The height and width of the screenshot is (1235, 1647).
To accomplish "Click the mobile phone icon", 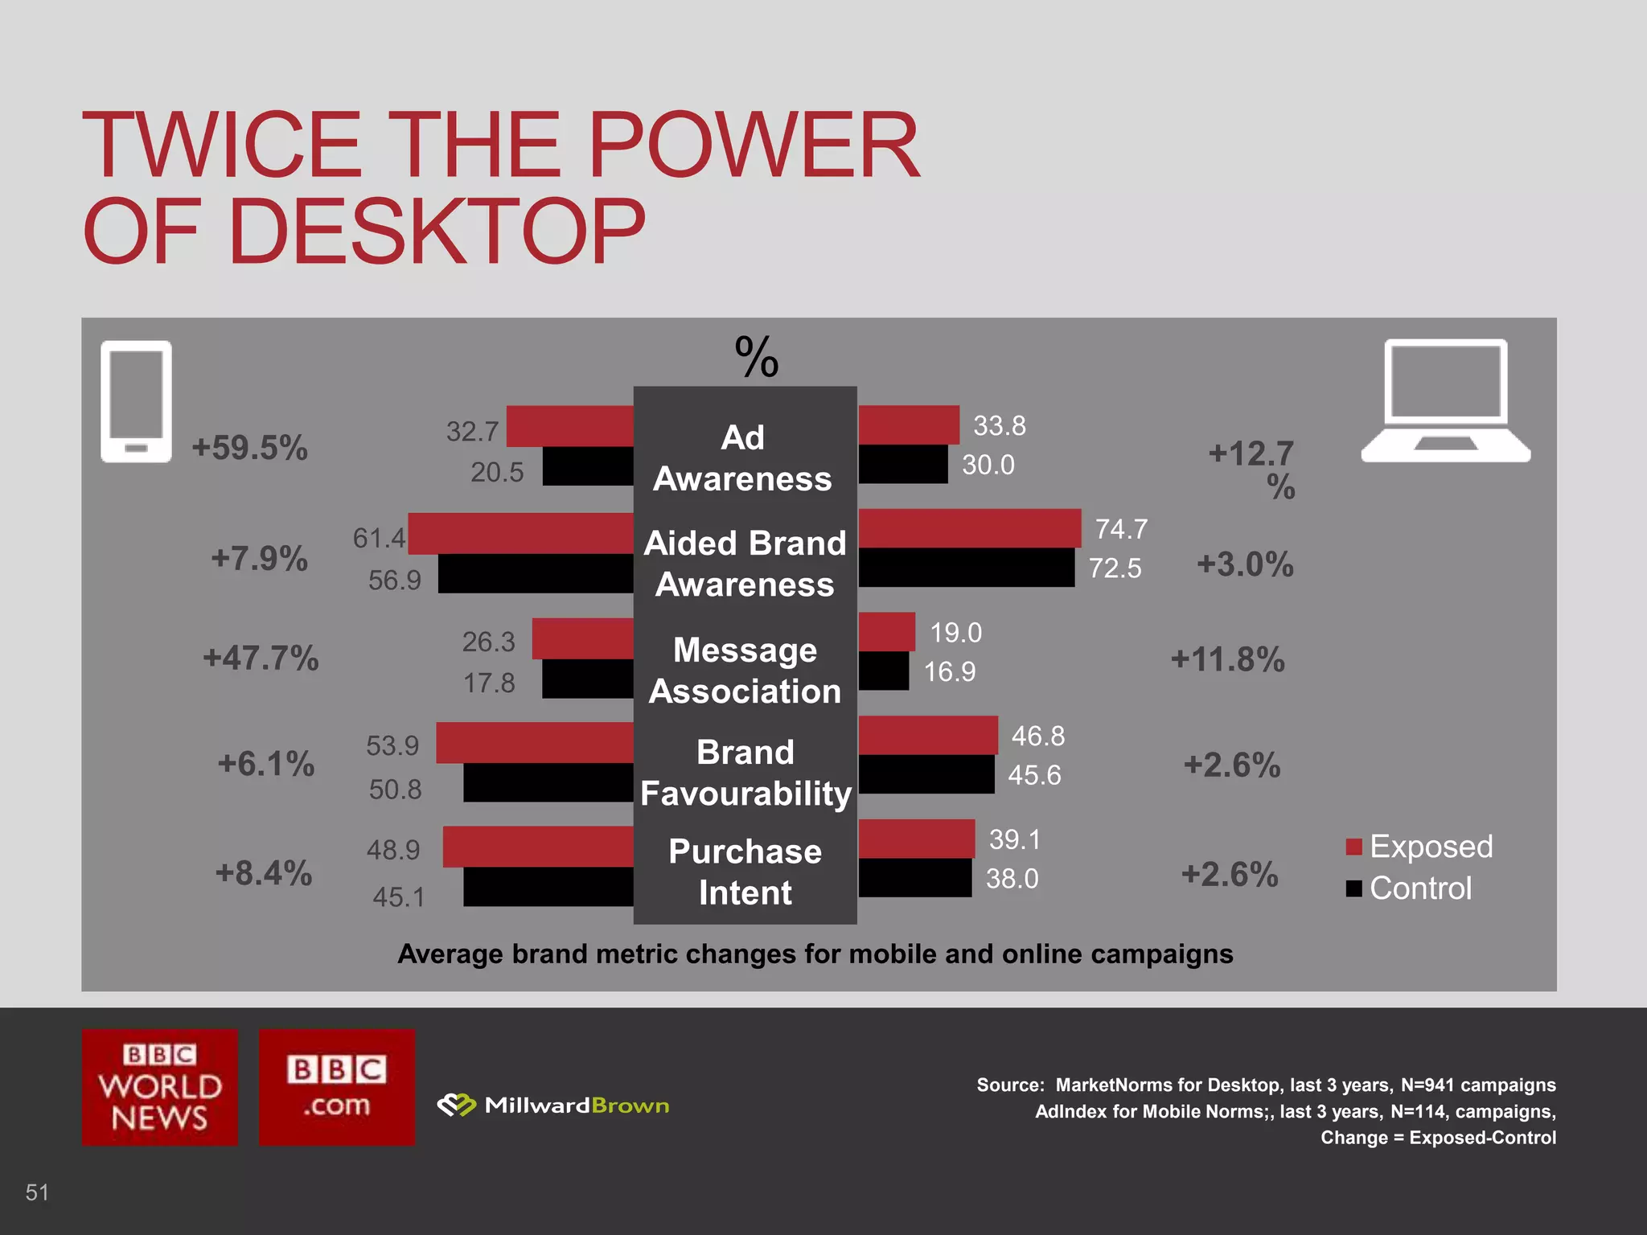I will (136, 401).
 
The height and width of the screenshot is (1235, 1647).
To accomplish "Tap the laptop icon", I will (1445, 400).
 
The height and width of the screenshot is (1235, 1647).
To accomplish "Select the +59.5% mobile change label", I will (249, 448).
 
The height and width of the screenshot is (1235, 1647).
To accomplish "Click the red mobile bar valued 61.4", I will (520, 533).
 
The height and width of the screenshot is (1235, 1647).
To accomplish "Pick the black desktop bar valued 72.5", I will (966, 568).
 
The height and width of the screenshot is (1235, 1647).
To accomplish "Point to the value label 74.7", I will (1121, 529).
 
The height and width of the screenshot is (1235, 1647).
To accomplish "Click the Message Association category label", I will (745, 671).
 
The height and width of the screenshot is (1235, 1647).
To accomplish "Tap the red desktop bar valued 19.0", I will (886, 632).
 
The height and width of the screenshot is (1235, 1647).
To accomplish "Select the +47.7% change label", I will (261, 658).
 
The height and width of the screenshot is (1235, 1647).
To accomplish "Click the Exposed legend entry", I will (1420, 847).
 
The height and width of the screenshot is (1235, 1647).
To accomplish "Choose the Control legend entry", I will (1410, 888).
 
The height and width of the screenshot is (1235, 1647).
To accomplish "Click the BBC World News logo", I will (160, 1087).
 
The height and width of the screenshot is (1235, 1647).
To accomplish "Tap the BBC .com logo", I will (337, 1087).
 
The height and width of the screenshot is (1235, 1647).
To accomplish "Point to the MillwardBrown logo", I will (553, 1106).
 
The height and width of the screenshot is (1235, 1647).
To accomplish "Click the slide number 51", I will (37, 1192).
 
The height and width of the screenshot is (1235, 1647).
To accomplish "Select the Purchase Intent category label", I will (745, 872).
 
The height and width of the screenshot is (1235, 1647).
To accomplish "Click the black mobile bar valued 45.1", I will (548, 887).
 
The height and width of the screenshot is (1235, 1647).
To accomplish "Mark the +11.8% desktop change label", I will (1227, 659).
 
